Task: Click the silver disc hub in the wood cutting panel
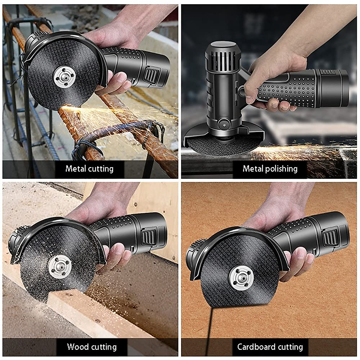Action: (x=60, y=266)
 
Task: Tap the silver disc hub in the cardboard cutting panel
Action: (x=241, y=278)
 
